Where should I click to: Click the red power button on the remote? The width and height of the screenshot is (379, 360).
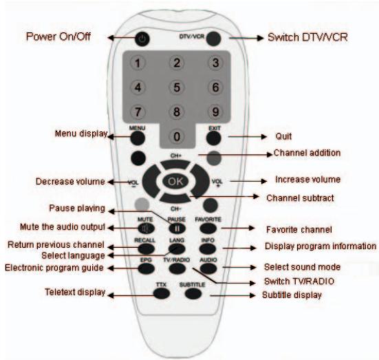coord(141,39)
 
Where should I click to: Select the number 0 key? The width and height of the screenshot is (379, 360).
coord(177,136)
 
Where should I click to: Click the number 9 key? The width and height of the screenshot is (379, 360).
coord(215,111)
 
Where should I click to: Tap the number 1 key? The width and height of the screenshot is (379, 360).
coord(138,64)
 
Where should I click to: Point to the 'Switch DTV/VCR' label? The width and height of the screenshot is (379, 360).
coord(307,36)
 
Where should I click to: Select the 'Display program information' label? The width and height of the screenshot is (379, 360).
coord(321,246)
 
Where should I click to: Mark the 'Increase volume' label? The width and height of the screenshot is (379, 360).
coord(308,180)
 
